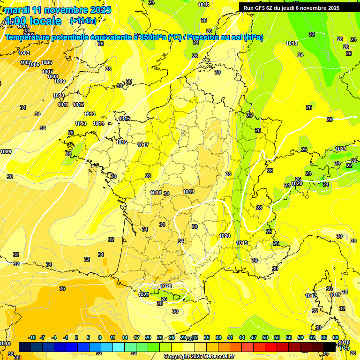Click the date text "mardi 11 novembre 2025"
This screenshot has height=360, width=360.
[58, 10]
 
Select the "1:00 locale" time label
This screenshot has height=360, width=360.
[33, 21]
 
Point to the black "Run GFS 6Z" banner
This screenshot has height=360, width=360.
[299, 7]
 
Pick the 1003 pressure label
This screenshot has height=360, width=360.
[24, 53]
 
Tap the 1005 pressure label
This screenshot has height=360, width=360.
[34, 64]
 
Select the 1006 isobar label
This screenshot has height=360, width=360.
[46, 62]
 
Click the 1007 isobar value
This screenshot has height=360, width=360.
[47, 72]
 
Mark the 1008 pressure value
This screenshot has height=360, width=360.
[52, 76]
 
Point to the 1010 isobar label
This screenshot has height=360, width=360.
[59, 95]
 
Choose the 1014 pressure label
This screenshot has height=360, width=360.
[98, 123]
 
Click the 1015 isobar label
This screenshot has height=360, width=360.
[124, 119]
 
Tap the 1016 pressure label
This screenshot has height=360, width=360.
[121, 142]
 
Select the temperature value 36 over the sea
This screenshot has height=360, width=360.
[62, 288]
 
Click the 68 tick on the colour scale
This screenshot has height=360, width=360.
[336, 337]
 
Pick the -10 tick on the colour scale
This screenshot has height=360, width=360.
[32, 337]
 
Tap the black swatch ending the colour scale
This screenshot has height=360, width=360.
[330, 346]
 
